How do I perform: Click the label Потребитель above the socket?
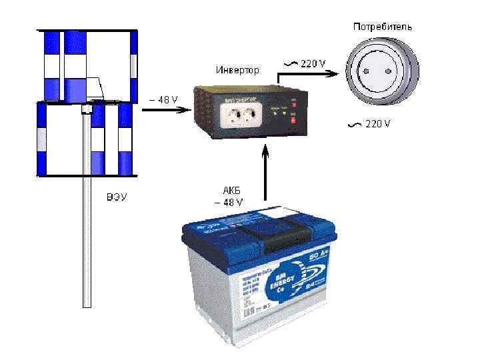[x=382, y=27]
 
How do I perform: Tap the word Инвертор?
[x=237, y=69]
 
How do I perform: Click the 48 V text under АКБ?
[x=229, y=202]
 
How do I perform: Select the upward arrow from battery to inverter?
[x=265, y=173]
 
